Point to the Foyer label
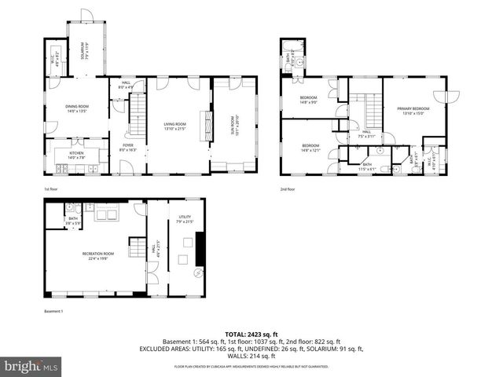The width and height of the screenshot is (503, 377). click(127, 147)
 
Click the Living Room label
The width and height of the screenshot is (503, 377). click(174, 126)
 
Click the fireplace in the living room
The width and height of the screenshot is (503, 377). click(207, 126)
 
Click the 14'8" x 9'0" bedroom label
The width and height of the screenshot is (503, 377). click(308, 100)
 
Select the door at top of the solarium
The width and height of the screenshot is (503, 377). click(86, 15)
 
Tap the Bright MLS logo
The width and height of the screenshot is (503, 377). click(31, 366)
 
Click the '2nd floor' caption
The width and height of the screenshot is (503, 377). click(288, 189)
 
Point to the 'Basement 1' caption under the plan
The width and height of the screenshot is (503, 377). click(54, 312)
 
